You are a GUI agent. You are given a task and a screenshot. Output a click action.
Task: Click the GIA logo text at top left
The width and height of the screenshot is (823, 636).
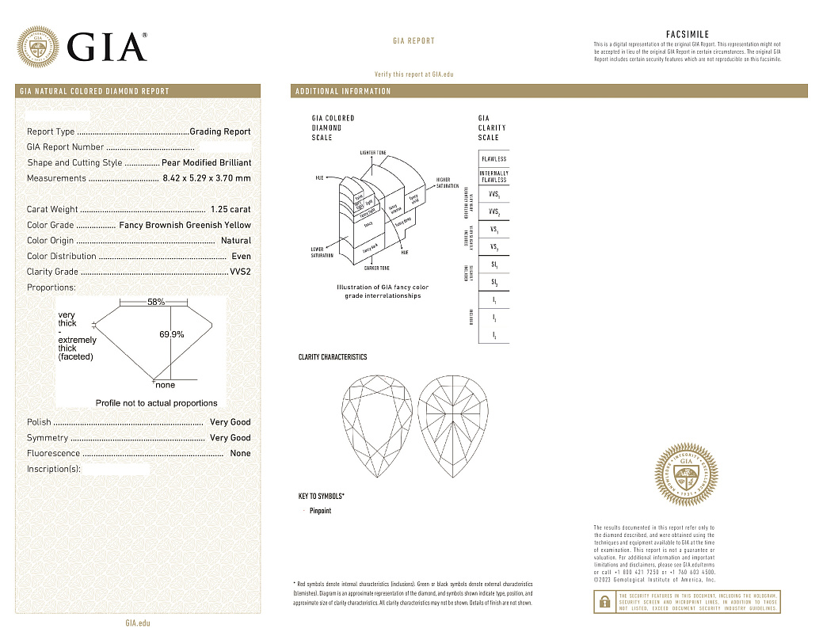click(x=107, y=47)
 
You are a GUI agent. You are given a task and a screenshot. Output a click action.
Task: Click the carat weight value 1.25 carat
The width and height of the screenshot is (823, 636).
click(x=231, y=209)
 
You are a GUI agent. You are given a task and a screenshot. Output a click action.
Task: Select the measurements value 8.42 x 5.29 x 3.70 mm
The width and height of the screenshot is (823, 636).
click(x=206, y=178)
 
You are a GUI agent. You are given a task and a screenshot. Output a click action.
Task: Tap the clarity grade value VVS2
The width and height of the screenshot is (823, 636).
click(x=240, y=272)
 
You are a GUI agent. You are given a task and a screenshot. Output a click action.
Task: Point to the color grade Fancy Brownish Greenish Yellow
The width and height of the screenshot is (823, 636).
click(x=185, y=225)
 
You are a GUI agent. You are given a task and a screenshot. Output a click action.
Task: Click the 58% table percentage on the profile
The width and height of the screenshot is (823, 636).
click(x=156, y=302)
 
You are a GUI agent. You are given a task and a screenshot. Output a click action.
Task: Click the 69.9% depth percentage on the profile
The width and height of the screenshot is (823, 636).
click(x=172, y=334)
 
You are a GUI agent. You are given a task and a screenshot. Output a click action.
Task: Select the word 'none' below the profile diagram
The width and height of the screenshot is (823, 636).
click(x=165, y=385)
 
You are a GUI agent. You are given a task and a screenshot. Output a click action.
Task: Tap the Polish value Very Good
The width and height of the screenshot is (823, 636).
click(x=230, y=422)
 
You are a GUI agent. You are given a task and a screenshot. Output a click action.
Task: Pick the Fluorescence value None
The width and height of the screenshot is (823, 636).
click(x=240, y=453)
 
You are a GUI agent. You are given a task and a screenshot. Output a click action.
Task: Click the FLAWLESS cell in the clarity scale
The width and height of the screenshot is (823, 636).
click(x=493, y=159)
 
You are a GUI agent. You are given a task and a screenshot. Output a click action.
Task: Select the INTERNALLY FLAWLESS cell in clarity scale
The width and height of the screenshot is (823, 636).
click(x=493, y=176)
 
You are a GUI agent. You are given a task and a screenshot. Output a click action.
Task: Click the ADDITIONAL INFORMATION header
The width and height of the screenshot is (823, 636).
click(x=343, y=91)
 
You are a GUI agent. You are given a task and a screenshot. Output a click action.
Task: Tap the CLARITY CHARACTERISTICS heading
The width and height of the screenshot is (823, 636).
click(x=332, y=357)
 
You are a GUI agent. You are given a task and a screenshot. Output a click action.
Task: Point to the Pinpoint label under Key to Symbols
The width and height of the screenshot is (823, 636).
click(x=320, y=511)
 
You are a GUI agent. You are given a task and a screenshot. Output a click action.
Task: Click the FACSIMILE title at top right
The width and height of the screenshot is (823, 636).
click(x=688, y=35)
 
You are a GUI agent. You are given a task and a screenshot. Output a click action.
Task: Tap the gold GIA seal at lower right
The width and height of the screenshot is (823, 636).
click(x=686, y=476)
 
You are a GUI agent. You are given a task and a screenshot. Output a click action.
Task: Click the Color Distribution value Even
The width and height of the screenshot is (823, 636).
click(x=241, y=256)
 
